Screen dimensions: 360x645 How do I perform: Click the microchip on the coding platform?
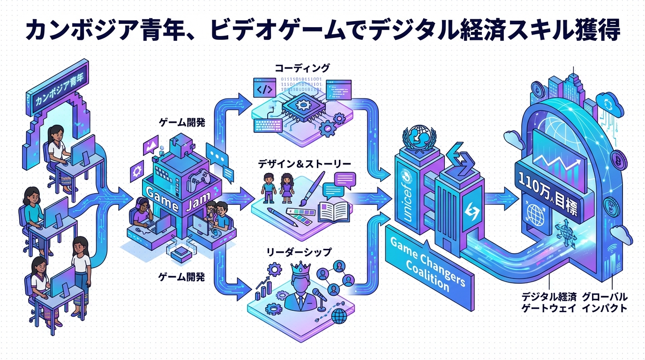pyautogui.click(x=301, y=106)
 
